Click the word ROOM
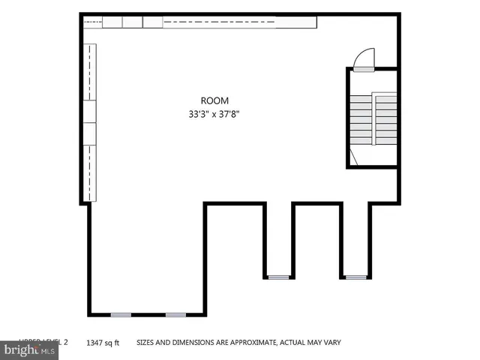pos(214,100)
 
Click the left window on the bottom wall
pos(120,314)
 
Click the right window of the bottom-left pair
pos(175,314)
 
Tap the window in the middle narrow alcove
pos(278,277)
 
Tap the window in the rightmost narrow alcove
pos(356,277)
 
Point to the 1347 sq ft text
pos(103,343)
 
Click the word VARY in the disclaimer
pos(332,343)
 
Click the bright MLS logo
pos(30,349)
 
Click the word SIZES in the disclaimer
pos(146,343)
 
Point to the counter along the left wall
pos(90,120)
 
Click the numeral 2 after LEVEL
pos(65,342)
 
